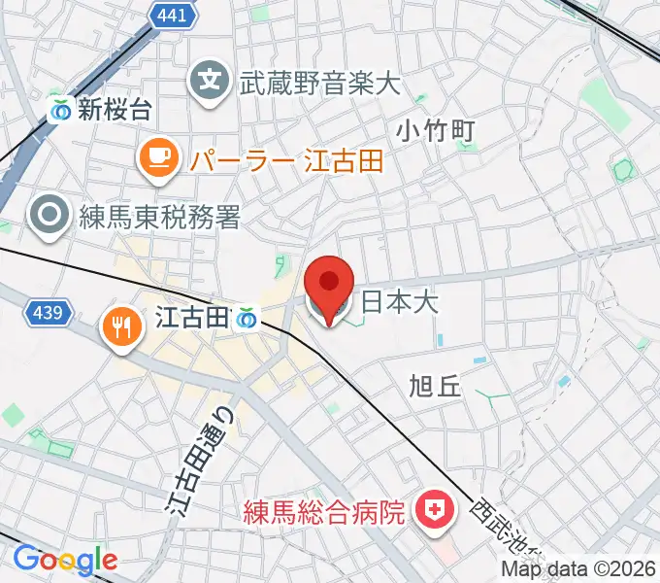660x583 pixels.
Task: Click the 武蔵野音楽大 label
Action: pyautogui.click(x=319, y=83)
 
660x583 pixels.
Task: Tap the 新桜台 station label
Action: pyautogui.click(x=115, y=110)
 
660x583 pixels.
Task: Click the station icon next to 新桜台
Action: pyautogui.click(x=61, y=110)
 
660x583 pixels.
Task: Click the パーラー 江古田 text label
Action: pyautogui.click(x=286, y=160)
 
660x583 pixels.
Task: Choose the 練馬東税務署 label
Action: pyautogui.click(x=158, y=218)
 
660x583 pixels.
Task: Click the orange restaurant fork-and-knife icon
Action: pyautogui.click(x=121, y=326)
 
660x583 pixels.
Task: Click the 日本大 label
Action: pyautogui.click(x=399, y=302)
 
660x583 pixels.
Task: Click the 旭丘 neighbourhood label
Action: pyautogui.click(x=436, y=386)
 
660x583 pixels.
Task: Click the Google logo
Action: pyautogui.click(x=65, y=559)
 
